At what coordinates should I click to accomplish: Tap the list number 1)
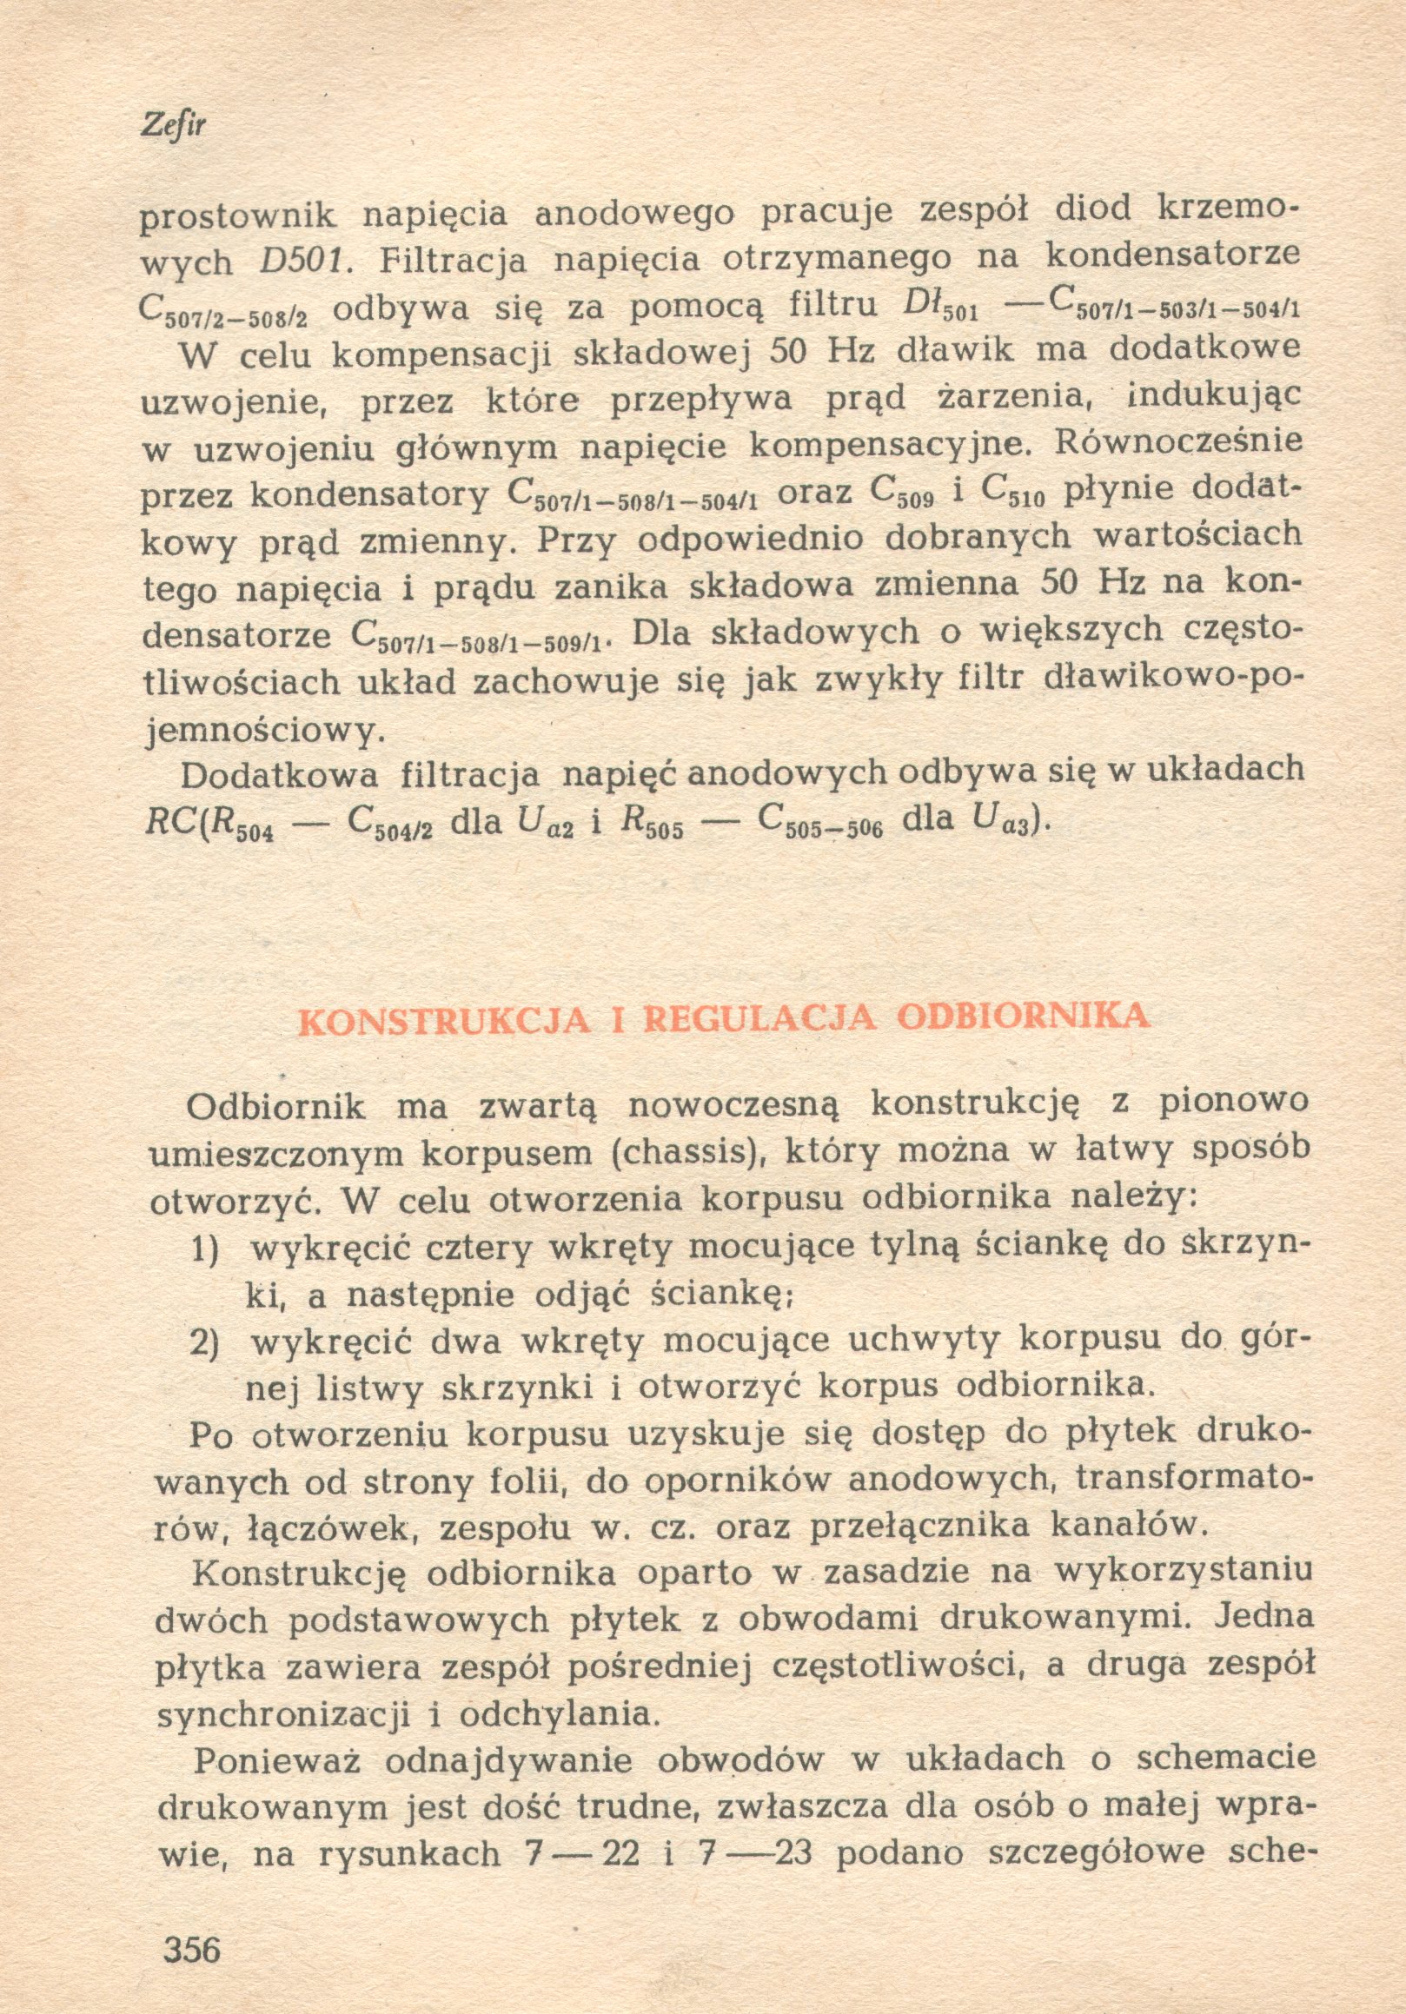(x=205, y=1249)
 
